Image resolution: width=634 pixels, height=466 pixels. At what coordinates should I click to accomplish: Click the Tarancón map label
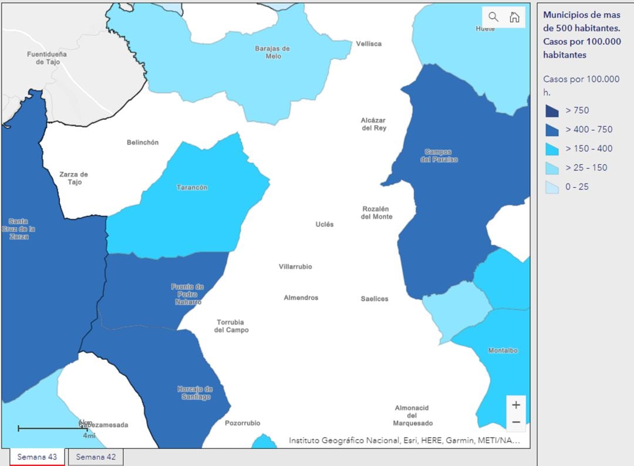pos(192,187)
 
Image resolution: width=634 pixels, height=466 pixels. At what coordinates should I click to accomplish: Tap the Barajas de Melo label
pos(272,52)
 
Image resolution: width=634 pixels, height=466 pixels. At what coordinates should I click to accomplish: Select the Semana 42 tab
pos(96,457)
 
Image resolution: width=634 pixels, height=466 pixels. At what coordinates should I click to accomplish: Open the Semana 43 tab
pos(37,457)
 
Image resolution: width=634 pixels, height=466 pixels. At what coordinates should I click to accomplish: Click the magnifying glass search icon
pos(493,17)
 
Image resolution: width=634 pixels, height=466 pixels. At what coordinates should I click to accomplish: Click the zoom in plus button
pos(516,405)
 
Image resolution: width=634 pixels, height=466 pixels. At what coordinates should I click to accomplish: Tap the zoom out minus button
pos(516,422)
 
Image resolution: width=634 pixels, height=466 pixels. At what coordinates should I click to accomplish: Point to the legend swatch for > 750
pos(552,110)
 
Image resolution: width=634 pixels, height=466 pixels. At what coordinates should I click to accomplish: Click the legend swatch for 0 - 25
pos(552,187)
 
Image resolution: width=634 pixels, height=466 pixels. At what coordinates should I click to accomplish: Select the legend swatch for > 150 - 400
pos(552,148)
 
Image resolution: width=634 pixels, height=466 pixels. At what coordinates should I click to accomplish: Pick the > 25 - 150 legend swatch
pos(552,168)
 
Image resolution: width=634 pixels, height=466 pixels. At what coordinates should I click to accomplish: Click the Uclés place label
pos(324,224)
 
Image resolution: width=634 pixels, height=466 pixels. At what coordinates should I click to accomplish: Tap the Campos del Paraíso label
pos(439,156)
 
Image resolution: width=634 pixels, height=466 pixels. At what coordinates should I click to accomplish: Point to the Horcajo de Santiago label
pos(195,393)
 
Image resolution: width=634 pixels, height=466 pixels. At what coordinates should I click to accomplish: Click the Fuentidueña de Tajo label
pos(47,58)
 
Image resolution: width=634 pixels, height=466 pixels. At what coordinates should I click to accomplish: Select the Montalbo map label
pos(503,350)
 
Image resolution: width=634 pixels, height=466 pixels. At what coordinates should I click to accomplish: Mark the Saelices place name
pos(375,299)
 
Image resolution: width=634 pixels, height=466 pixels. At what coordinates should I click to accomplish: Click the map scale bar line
pos(52,428)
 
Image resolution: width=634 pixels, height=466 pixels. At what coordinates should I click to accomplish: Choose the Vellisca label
pos(369,43)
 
